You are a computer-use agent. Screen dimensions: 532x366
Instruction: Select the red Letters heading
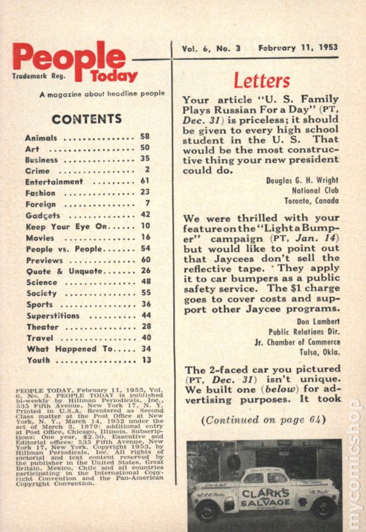pos(262,81)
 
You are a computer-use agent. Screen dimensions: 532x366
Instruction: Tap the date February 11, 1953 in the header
pos(298,48)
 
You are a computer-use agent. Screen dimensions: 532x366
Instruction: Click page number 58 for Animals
pos(145,138)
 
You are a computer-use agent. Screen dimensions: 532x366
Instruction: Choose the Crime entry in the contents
pos(38,171)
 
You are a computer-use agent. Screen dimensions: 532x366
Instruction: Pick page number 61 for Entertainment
pos(145,182)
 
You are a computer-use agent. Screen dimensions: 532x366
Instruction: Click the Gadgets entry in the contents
pos(43,216)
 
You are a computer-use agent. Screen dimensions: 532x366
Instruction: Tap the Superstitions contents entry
pos(53,316)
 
